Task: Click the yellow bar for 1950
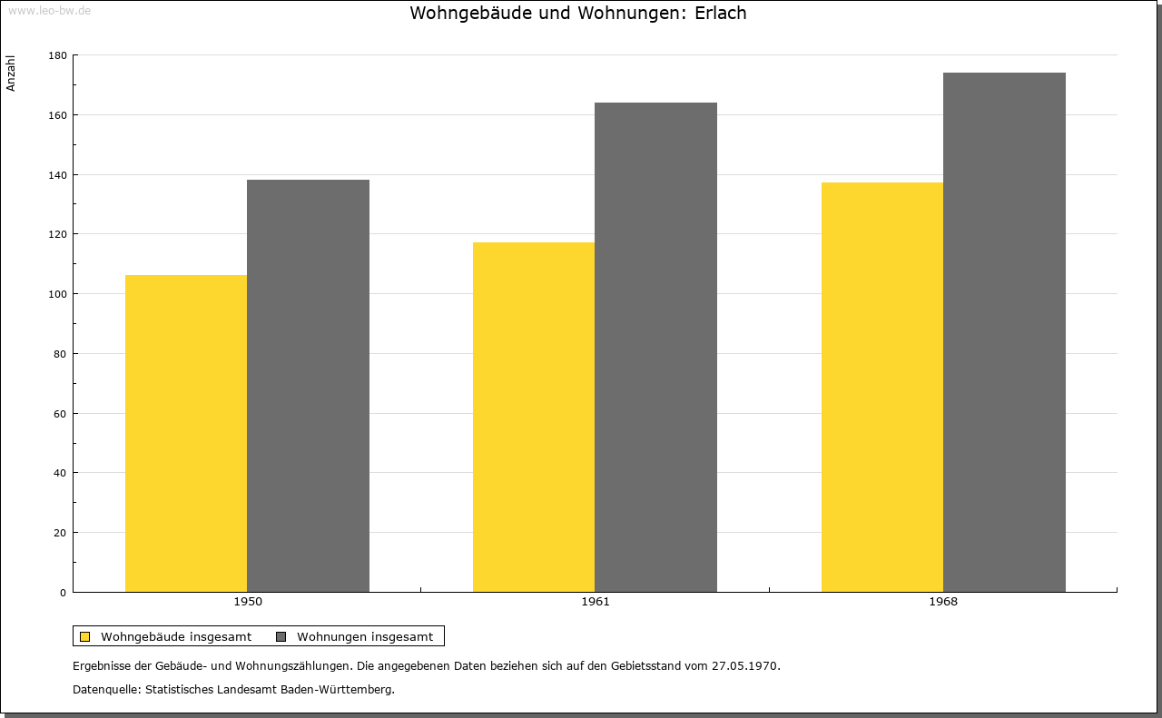tap(186, 434)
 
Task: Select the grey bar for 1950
tap(308, 386)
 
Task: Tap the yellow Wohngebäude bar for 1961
tap(534, 418)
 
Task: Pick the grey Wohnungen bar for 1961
tap(655, 348)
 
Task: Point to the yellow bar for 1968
tap(882, 387)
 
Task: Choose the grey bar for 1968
tap(1004, 332)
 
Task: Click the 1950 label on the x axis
tap(248, 602)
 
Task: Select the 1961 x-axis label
tap(596, 602)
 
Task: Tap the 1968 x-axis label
tap(943, 602)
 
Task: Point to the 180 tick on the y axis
tap(57, 55)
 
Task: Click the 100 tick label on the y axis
tap(57, 294)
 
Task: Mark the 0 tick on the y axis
tap(64, 593)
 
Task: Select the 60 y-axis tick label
tap(60, 414)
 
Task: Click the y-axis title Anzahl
tap(10, 74)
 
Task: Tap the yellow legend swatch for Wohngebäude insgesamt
tap(84, 636)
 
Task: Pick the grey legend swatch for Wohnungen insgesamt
tap(281, 636)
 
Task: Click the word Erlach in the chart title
tap(721, 13)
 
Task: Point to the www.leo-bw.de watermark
tap(49, 10)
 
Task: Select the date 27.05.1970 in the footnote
tap(745, 665)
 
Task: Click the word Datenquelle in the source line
tap(105, 690)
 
